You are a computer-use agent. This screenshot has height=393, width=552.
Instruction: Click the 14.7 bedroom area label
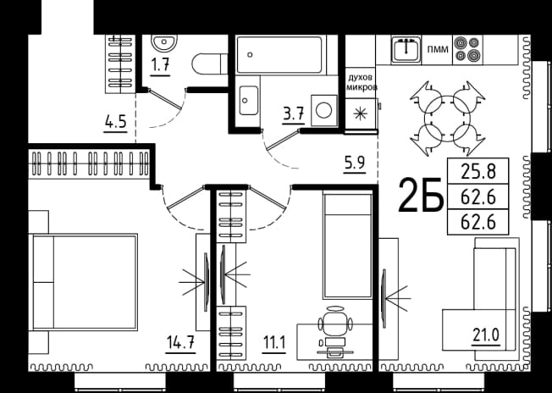[180, 342]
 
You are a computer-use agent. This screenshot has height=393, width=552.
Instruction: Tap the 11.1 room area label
[273, 342]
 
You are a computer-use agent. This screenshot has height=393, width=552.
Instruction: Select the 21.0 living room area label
[486, 335]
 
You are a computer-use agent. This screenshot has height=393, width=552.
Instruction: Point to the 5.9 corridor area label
[354, 163]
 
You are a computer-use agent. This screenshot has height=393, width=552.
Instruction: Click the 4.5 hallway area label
[115, 123]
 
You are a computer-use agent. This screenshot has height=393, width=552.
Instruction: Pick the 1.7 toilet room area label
[161, 65]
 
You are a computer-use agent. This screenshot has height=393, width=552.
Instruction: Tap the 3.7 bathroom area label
[293, 115]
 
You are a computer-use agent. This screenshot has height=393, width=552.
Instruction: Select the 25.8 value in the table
[478, 172]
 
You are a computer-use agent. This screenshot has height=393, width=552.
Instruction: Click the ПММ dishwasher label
[438, 50]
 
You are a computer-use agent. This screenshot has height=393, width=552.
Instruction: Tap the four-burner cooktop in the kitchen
[467, 49]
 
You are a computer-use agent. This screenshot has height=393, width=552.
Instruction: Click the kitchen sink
[406, 49]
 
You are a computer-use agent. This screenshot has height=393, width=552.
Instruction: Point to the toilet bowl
[210, 64]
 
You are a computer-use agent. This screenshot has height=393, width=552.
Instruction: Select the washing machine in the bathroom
[324, 111]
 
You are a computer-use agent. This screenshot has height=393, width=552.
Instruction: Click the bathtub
[279, 54]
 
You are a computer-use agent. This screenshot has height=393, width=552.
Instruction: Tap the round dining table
[448, 119]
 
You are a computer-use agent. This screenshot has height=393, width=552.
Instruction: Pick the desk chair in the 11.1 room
[335, 322]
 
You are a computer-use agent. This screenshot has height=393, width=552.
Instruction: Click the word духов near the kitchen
[360, 78]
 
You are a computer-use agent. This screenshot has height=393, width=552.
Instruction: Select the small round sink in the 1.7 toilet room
[164, 43]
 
